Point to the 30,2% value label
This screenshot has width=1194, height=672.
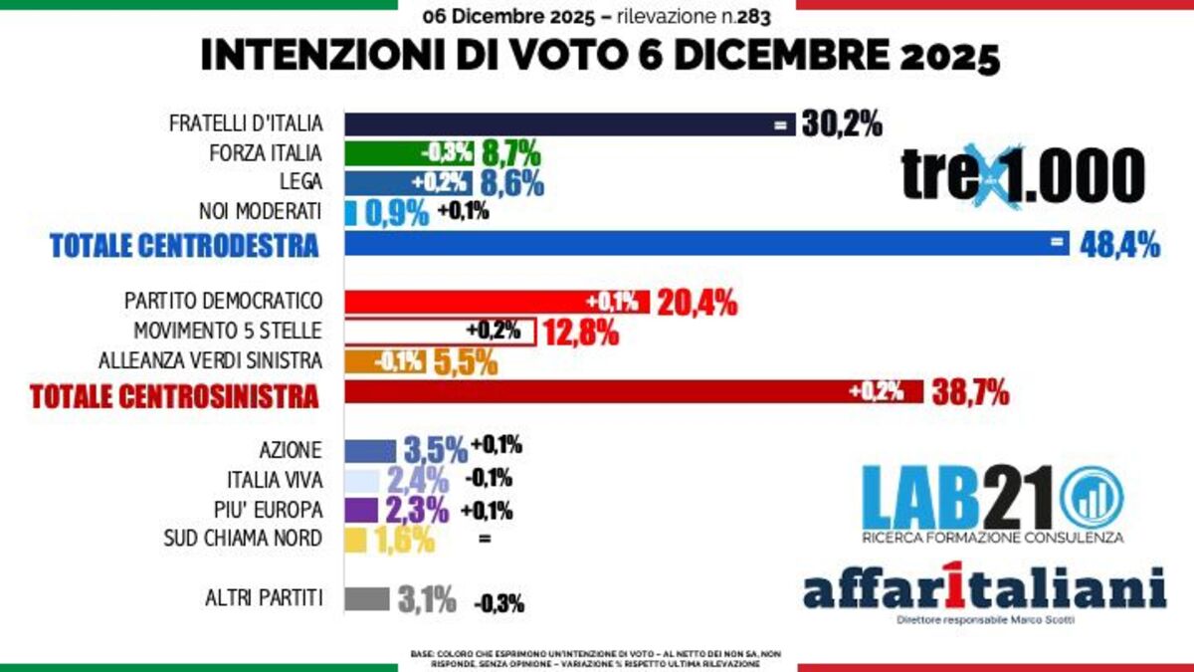click(842, 125)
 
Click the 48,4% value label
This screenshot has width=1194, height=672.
click(1119, 244)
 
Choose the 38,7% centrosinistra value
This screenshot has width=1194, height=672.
click(970, 393)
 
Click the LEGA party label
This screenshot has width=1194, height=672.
click(301, 182)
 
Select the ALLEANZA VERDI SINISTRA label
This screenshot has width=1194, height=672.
click(211, 359)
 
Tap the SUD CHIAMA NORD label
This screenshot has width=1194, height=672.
click(243, 539)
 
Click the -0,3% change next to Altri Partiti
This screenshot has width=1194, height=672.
click(498, 602)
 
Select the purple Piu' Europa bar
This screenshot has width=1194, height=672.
click(361, 510)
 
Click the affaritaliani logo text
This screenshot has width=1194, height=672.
click(984, 590)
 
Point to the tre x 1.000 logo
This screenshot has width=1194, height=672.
click(1023, 176)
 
